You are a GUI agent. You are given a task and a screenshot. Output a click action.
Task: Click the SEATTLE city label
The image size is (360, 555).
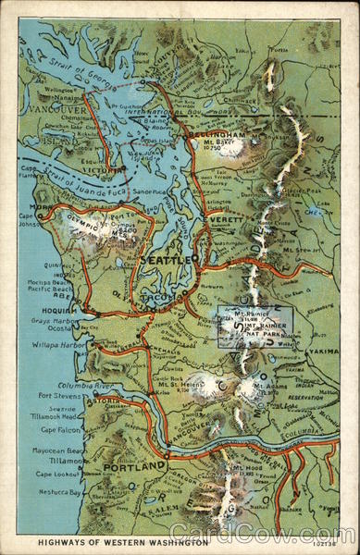click(167, 261)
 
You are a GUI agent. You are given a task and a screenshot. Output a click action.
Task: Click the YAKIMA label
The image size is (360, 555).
click(323, 351)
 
